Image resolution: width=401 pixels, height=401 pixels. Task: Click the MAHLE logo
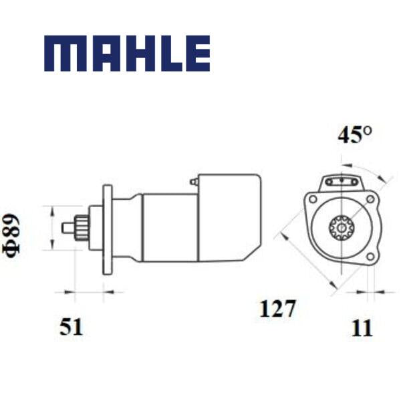127,53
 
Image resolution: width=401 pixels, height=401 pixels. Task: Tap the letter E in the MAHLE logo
194,53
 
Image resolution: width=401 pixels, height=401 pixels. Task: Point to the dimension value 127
277,309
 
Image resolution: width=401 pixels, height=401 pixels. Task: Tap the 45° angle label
354,135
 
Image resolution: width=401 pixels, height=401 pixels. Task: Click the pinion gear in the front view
342,228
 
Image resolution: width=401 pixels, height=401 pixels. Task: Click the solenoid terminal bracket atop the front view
342,182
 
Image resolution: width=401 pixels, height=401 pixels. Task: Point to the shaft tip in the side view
67,228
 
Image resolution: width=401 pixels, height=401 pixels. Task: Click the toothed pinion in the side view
81,228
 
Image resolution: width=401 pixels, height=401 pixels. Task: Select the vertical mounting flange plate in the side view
107,228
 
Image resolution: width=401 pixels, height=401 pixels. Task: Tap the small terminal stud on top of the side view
193,181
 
